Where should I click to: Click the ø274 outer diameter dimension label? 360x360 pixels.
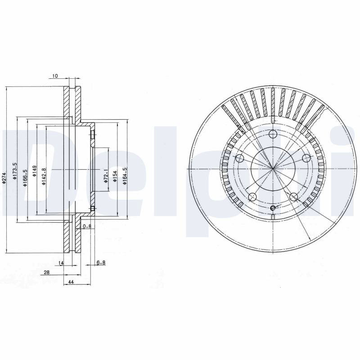tap(4, 178)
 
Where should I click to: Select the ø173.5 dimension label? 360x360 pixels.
tap(15, 171)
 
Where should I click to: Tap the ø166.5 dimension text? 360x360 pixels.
tap(25, 178)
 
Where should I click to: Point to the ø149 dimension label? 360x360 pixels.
tap(35, 171)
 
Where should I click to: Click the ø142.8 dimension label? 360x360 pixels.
tap(44, 176)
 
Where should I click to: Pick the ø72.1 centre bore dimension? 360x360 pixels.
tap(106, 176)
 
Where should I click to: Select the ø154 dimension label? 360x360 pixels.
tap(115, 176)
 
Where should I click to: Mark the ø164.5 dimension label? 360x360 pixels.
tap(125, 176)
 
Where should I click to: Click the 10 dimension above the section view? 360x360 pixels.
tap(55, 76)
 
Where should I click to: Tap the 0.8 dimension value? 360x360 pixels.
tap(87, 226)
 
